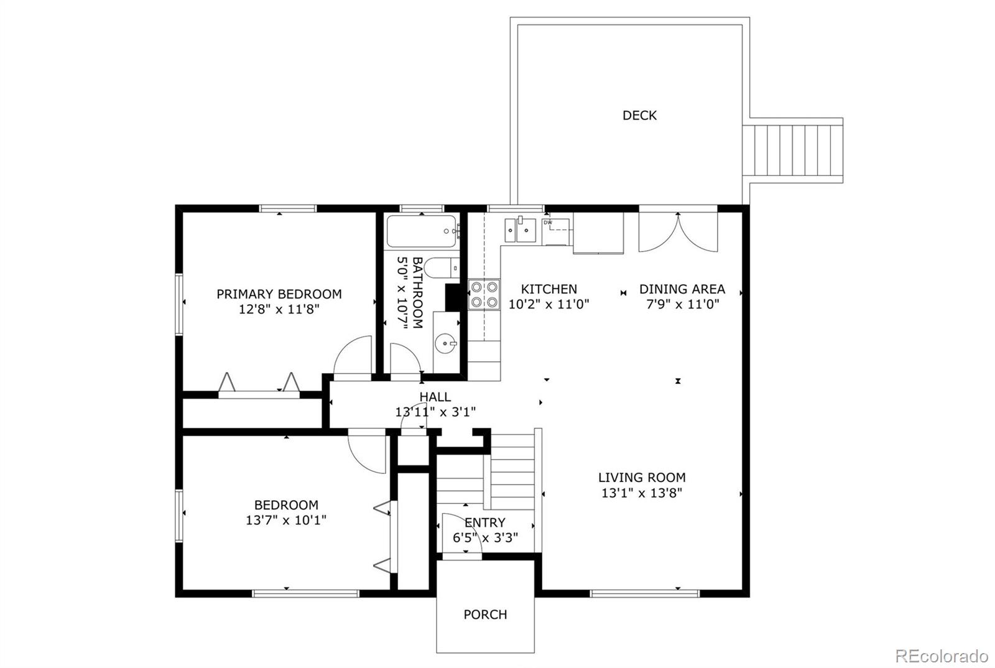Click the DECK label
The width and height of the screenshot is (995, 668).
tap(639, 116)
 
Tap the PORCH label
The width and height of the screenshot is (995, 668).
tap(485, 615)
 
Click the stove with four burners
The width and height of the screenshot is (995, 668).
tap(484, 294)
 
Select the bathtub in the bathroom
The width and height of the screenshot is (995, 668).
tap(422, 231)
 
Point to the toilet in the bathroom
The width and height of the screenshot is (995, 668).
tap(442, 267)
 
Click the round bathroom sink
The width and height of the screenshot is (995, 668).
tap(445, 343)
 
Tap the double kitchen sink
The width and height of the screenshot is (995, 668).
tap(520, 230)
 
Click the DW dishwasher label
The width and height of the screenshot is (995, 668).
tap(548, 223)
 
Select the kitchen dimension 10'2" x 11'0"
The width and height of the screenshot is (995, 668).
tap(548, 304)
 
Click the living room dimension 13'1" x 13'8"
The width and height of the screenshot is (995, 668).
tap(641, 493)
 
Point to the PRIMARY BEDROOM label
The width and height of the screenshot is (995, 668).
tap(279, 294)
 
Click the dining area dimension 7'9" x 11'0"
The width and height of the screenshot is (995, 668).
tap(682, 304)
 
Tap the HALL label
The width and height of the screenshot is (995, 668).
tap(435, 397)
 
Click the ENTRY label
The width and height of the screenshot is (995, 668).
tap(485, 522)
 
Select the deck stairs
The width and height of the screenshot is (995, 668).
tap(792, 150)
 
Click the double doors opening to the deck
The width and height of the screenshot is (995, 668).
tap(678, 232)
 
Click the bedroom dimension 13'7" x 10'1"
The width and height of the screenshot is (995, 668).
tap(286, 519)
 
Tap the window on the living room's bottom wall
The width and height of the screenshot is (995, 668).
tap(644, 593)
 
